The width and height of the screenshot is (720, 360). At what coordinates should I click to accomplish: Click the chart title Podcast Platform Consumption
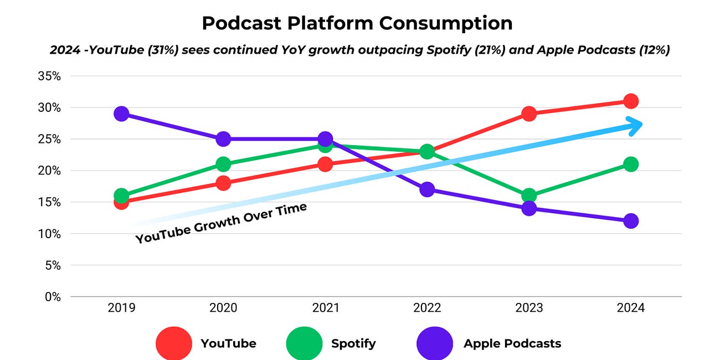click(x=357, y=23)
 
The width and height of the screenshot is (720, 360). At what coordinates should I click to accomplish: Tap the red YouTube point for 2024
click(x=630, y=101)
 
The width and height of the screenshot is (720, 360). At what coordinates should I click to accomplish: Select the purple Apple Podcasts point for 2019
click(x=121, y=114)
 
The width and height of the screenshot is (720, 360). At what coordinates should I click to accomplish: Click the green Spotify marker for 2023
click(x=529, y=196)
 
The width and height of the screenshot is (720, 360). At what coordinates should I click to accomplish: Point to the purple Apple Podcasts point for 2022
click(x=427, y=189)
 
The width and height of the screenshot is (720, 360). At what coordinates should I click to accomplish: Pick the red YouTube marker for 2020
click(x=223, y=183)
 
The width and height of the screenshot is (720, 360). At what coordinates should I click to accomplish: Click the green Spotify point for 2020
click(x=223, y=164)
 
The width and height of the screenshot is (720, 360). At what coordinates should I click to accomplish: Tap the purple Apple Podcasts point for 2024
click(x=630, y=221)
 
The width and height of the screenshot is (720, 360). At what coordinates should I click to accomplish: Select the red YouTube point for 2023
click(x=529, y=114)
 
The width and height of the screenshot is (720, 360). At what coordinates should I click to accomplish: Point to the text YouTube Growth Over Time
click(x=221, y=223)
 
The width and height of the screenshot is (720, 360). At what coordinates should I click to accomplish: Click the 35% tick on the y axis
click(x=49, y=76)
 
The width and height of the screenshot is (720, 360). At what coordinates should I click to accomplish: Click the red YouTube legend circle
click(x=174, y=343)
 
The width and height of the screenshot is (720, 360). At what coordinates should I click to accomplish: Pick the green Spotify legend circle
click(x=304, y=343)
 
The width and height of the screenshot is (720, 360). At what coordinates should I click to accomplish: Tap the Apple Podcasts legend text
click(x=512, y=343)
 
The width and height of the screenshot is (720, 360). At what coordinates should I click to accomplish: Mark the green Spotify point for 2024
click(x=630, y=164)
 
